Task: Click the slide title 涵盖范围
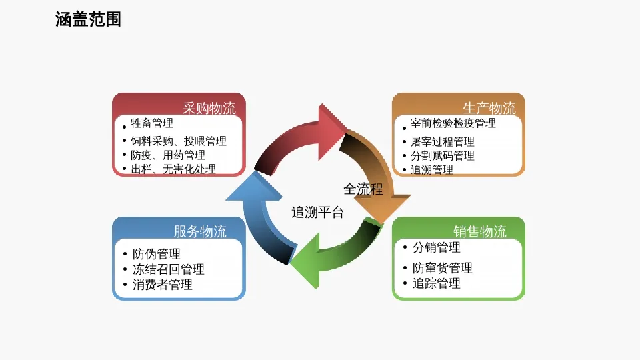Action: pos(88,20)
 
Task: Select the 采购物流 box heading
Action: pos(209,108)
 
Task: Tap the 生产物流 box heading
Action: pos(489,108)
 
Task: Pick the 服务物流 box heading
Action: pos(200,231)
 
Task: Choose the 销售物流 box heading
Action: pos(480,231)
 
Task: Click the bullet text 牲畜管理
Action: pos(152,123)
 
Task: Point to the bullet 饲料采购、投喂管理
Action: pos(178,141)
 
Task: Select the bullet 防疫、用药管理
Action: pos(167,155)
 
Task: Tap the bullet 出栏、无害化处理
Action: pos(173,169)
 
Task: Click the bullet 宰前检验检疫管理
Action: pos(453,123)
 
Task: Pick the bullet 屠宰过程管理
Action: pos(443,141)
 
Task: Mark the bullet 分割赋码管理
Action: pos(443,155)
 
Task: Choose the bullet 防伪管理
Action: pos(157,254)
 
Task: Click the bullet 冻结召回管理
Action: pos(169,269)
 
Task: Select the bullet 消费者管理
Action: pos(163,285)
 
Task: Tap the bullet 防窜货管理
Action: pos(443,268)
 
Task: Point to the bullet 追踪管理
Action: pos(437,283)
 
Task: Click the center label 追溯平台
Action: pos(318,213)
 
